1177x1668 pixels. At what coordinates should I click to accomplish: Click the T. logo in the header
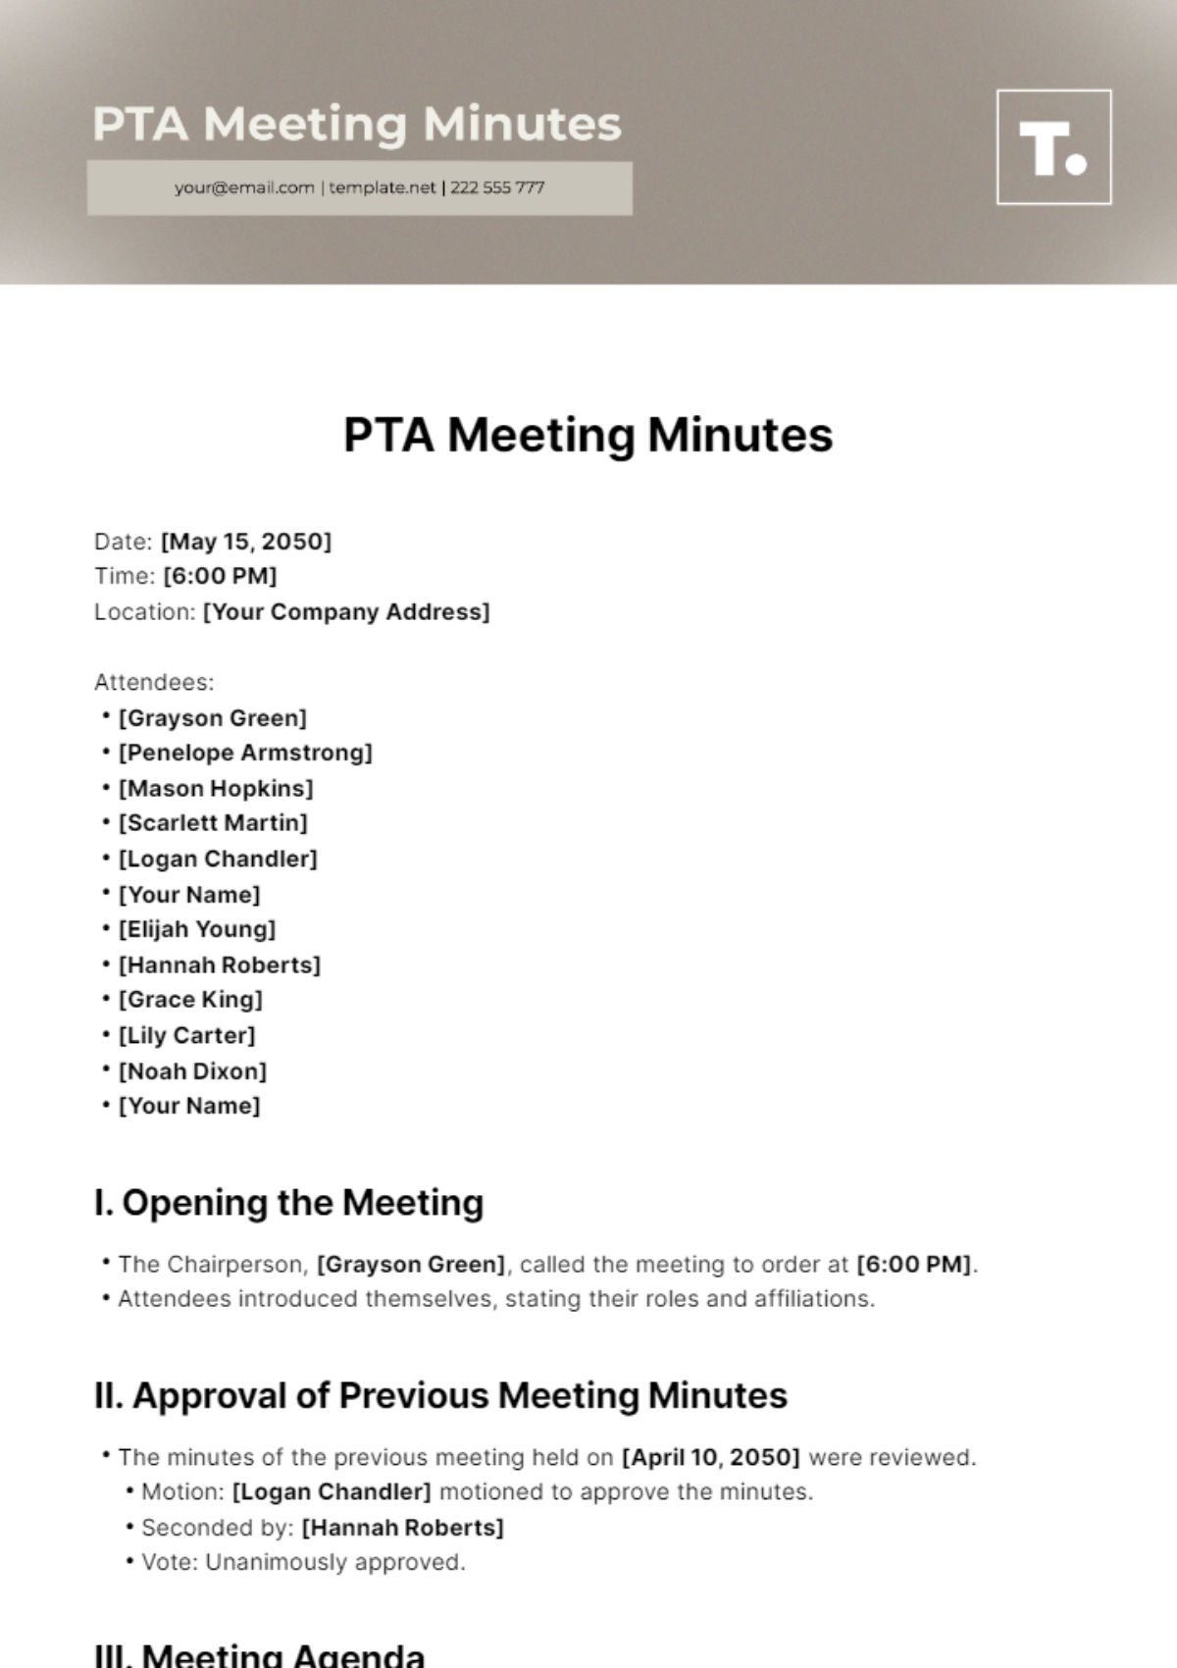point(1053,147)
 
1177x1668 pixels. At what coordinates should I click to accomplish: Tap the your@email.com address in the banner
point(244,187)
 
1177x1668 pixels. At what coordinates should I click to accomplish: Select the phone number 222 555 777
point(497,187)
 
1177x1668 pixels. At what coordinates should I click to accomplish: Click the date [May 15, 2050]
point(246,542)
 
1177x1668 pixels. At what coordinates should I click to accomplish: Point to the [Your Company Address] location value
point(346,612)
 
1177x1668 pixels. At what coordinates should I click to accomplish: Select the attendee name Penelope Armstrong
point(245,753)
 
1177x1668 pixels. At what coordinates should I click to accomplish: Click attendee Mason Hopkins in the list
point(216,788)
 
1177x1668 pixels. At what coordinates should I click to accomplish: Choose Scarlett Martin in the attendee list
point(213,823)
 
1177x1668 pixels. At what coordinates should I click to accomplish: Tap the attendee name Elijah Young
point(197,929)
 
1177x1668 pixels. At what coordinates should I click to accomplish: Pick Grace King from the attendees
point(190,1000)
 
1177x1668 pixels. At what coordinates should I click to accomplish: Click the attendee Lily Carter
point(186,1035)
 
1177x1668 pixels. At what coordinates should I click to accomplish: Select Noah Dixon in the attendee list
point(192,1070)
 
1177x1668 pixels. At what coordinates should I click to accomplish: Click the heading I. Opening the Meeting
point(288,1203)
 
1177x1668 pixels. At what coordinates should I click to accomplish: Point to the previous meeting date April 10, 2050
point(711,1457)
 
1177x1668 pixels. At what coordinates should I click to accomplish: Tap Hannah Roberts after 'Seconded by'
point(402,1528)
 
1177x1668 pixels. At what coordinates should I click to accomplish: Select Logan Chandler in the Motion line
point(332,1492)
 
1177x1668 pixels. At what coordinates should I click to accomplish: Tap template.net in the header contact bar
point(382,187)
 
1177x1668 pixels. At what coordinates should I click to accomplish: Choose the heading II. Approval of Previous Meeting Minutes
point(440,1395)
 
